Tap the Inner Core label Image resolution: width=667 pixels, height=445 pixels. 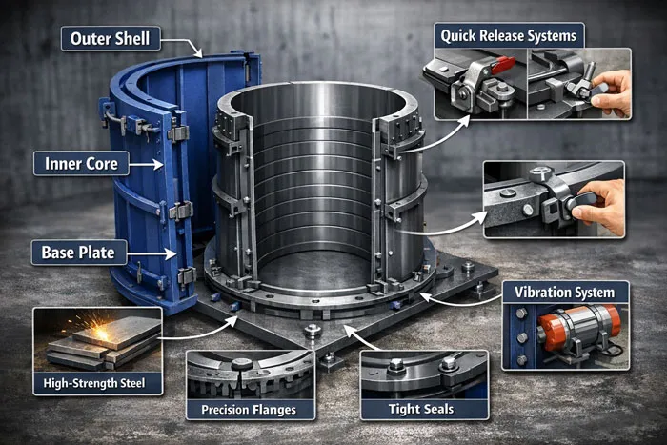point(81,164)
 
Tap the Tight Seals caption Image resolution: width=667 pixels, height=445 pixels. point(423,411)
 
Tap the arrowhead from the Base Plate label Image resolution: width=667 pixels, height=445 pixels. point(175,253)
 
